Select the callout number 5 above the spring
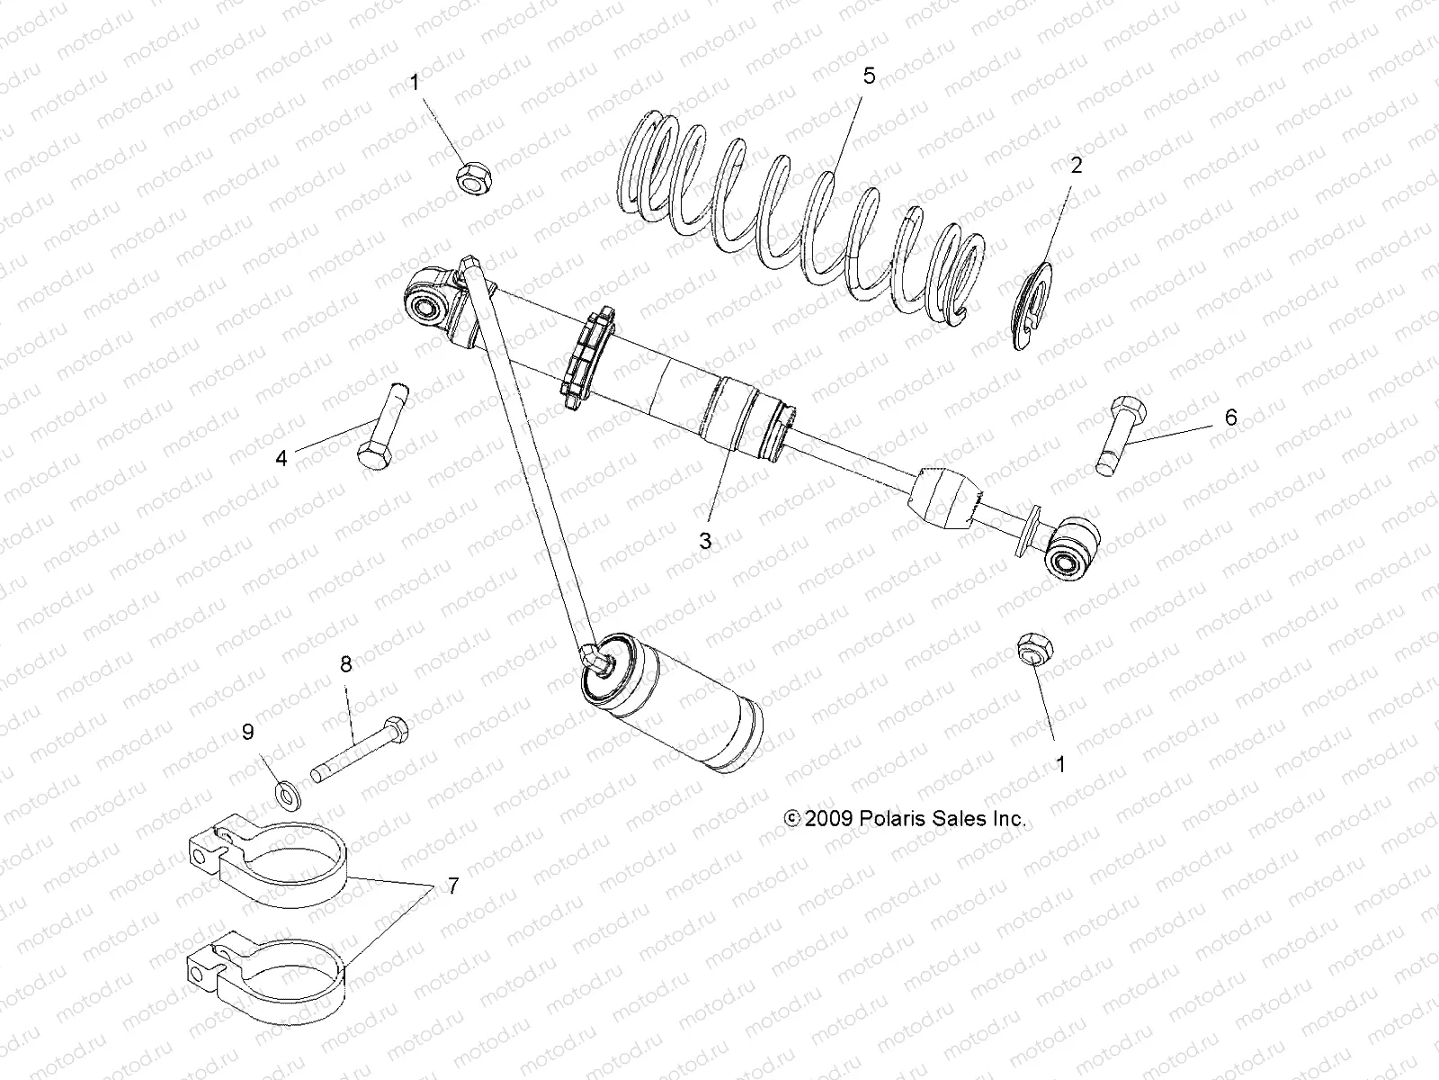pyautogui.click(x=869, y=76)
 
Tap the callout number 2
pyautogui.click(x=1077, y=166)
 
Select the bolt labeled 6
pyautogui.click(x=1118, y=436)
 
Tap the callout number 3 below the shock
pyautogui.click(x=706, y=540)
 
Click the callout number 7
pyautogui.click(x=452, y=886)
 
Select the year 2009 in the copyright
pyautogui.click(x=827, y=819)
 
